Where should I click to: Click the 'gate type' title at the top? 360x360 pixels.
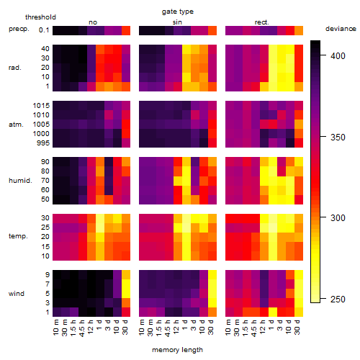click(x=178, y=12)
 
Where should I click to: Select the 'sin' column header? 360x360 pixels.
click(x=177, y=22)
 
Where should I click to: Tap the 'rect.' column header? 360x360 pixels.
click(x=262, y=22)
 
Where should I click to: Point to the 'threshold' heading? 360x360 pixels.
click(x=40, y=17)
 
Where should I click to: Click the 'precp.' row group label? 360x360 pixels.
click(x=19, y=29)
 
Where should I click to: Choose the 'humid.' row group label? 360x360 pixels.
click(x=20, y=180)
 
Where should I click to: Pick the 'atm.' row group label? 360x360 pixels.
click(x=16, y=125)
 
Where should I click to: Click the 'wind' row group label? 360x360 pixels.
click(x=17, y=293)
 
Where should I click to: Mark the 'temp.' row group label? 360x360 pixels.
click(x=18, y=236)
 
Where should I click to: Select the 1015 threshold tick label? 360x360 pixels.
click(x=41, y=106)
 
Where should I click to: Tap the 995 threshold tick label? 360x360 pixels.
click(x=43, y=143)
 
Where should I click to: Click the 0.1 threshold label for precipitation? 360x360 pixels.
click(x=44, y=30)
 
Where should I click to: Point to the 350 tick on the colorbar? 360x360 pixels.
click(x=338, y=137)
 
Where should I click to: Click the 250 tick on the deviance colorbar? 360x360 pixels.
click(x=338, y=299)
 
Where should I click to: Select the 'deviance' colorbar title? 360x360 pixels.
click(x=341, y=29)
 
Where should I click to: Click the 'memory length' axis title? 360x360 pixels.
click(x=177, y=350)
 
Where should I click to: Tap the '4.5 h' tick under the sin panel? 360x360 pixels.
click(x=168, y=328)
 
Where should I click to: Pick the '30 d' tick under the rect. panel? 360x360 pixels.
click(x=297, y=327)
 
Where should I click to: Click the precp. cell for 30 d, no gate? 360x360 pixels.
click(x=126, y=30)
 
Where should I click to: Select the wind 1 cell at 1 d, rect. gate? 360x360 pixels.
click(x=273, y=312)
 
